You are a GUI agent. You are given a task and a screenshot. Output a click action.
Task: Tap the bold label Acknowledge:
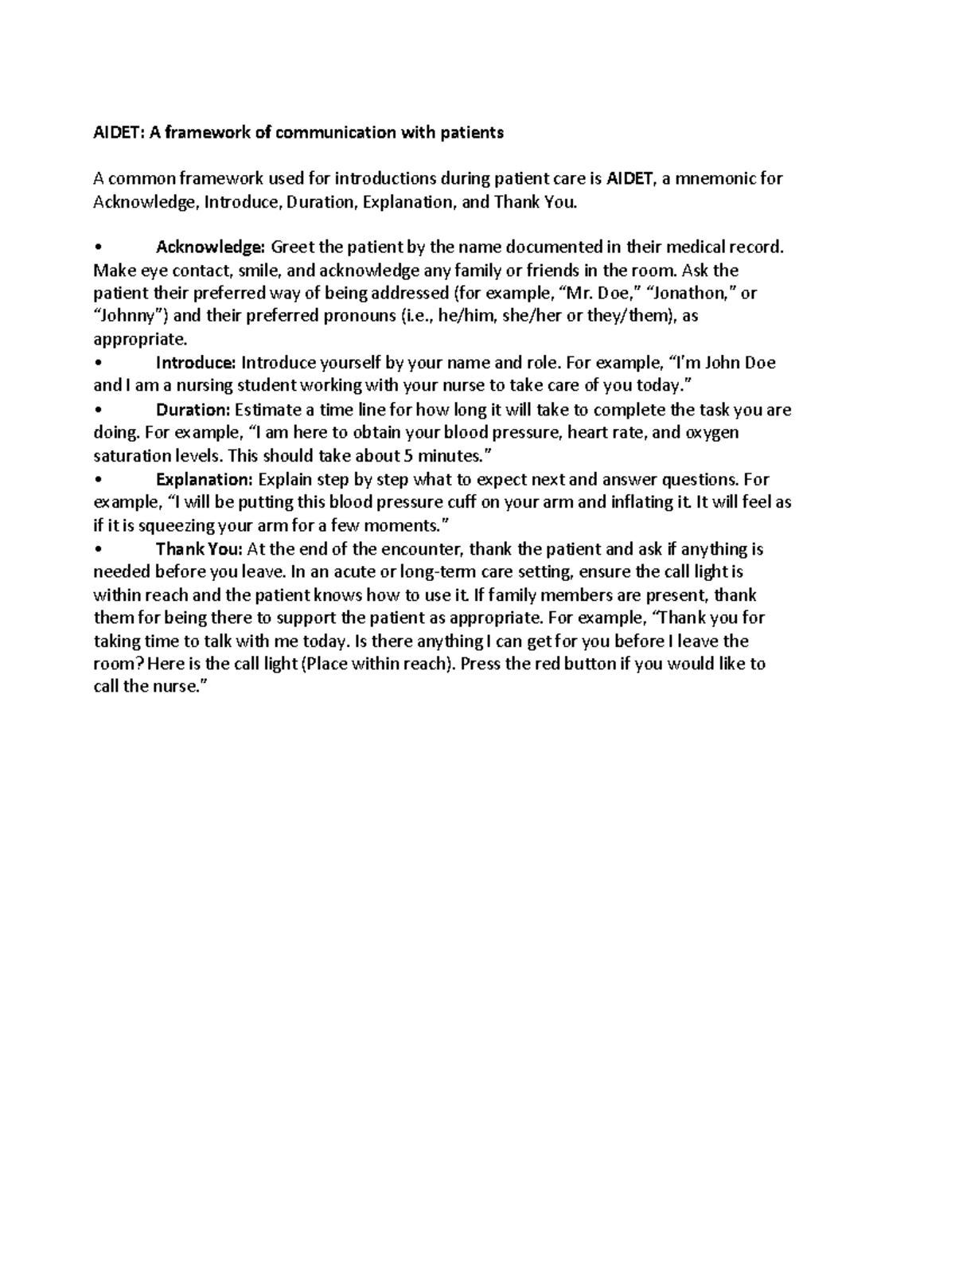(x=211, y=247)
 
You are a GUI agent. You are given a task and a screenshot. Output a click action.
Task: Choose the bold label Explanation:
(x=205, y=479)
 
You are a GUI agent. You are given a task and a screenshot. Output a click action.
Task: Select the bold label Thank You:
(x=201, y=549)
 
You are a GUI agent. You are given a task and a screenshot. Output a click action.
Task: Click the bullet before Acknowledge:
(x=97, y=248)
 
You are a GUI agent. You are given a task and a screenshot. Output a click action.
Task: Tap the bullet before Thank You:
(x=97, y=550)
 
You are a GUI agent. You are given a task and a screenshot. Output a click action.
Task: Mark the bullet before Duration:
(x=97, y=411)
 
